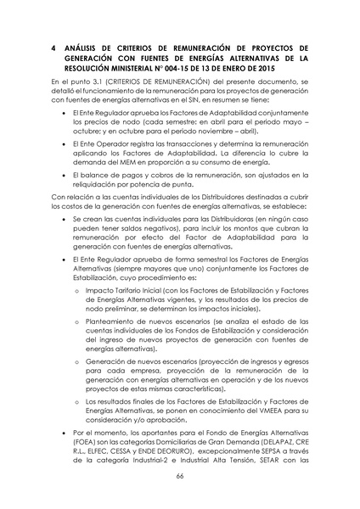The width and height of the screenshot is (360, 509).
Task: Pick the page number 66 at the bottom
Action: (179, 478)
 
